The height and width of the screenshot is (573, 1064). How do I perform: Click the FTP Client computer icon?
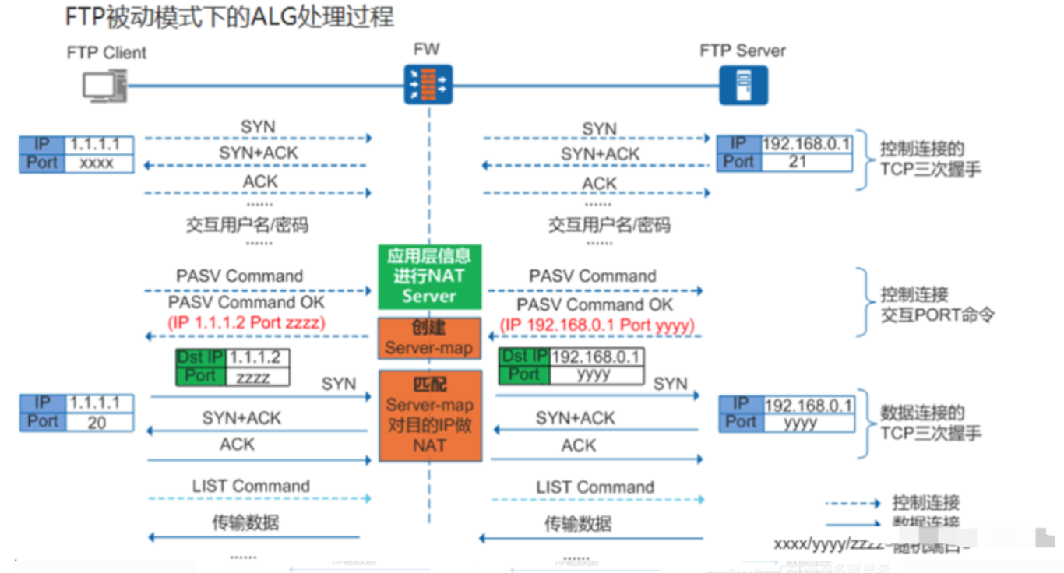(x=104, y=86)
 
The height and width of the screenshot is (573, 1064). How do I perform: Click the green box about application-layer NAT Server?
(x=429, y=276)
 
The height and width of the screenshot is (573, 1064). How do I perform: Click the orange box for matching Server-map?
(x=429, y=415)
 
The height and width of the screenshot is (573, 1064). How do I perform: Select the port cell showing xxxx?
(x=97, y=163)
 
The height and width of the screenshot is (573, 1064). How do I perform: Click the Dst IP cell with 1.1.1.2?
(x=256, y=358)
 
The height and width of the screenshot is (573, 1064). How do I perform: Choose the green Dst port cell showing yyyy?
(x=597, y=375)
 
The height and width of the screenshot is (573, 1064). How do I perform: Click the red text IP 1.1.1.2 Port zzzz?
(x=245, y=322)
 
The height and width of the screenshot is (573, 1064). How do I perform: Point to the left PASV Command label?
(x=239, y=276)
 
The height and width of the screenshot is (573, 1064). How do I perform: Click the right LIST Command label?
(x=594, y=487)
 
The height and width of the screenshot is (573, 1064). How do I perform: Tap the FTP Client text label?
(x=107, y=53)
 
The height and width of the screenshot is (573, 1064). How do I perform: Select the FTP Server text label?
(x=742, y=51)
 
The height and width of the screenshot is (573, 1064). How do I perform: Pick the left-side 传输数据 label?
(x=245, y=522)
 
